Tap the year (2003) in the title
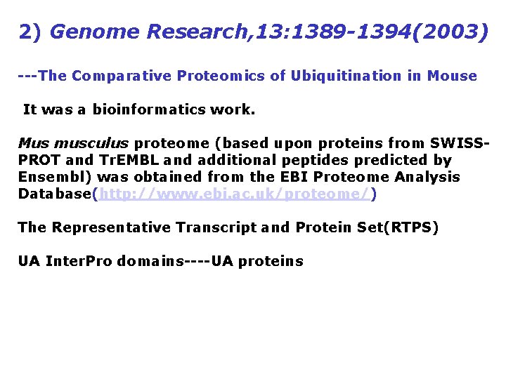[450, 32]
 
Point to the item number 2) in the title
[31, 32]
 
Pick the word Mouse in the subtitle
[452, 76]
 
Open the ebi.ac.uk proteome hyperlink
[235, 194]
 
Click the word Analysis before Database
[428, 178]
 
